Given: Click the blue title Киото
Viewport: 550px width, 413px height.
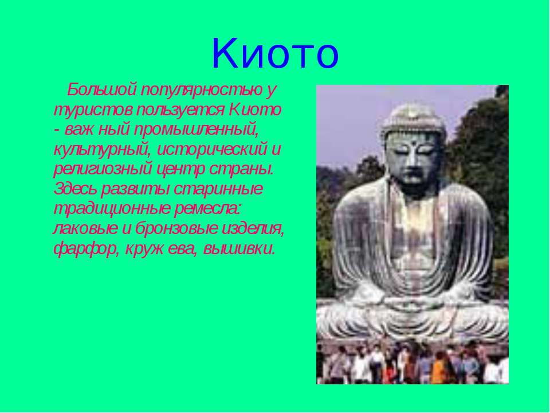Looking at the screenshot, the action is (276, 53).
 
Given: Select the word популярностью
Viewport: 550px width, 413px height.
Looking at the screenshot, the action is (202, 91).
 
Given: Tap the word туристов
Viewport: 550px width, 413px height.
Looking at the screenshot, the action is (93, 110).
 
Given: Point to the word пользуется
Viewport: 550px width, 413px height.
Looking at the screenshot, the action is (180, 110).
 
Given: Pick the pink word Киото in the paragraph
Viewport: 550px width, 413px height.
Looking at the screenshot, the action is (255, 110).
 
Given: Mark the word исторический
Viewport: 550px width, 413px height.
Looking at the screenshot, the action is (212, 150).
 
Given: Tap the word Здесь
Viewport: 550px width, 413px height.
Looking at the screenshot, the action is (76, 189).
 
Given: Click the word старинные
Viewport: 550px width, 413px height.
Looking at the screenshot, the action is (218, 189).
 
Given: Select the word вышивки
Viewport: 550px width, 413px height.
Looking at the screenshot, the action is (238, 248).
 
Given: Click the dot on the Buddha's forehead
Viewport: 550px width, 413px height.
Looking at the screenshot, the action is (414, 143).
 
